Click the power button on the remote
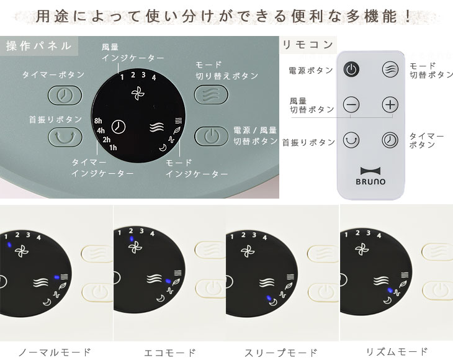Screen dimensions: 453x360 [x=351, y=70]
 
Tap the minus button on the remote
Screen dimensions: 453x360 [x=351, y=105]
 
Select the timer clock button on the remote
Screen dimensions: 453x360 [x=390, y=140]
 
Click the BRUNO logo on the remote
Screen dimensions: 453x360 [x=370, y=176]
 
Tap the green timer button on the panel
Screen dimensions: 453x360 [x=65, y=95]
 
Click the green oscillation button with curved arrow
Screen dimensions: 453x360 [x=65, y=137]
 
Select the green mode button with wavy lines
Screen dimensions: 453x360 [x=211, y=94]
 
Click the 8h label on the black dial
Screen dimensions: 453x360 [x=98, y=121]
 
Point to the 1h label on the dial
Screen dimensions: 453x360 [x=113, y=148]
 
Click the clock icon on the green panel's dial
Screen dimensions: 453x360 [x=119, y=127]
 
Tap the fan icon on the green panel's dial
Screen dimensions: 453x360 [x=138, y=93]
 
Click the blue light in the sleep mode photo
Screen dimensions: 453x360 [x=269, y=298]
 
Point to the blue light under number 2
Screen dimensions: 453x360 [x=132, y=239]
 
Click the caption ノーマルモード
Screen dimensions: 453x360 [x=55, y=352]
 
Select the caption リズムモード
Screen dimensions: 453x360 [x=397, y=352]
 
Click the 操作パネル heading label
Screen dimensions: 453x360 [x=38, y=46]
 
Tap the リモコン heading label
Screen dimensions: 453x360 [x=308, y=45]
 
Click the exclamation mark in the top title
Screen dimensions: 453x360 [x=408, y=16]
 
